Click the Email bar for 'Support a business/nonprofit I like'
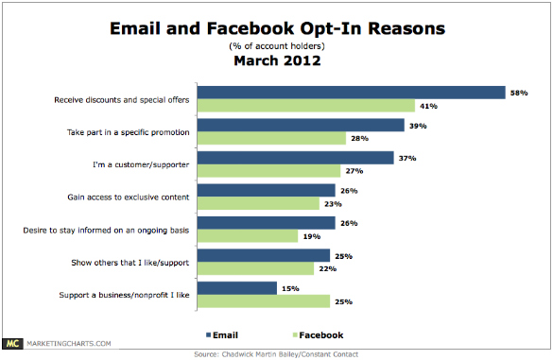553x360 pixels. pyautogui.click(x=242, y=287)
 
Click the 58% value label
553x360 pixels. pyautogui.click(x=519, y=93)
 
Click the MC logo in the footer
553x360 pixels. pyautogui.click(x=13, y=344)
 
